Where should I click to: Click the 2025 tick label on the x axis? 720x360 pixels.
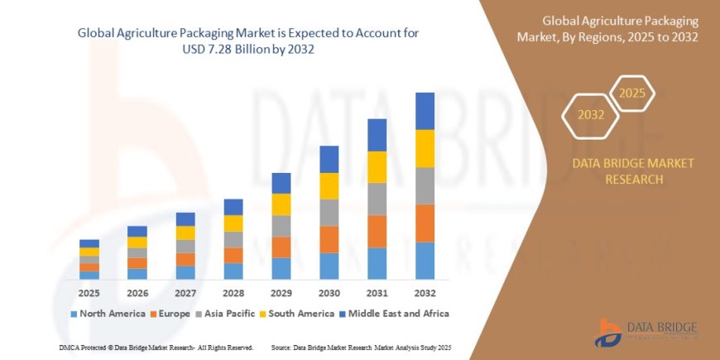click(x=89, y=293)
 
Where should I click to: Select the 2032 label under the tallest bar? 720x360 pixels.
click(x=425, y=293)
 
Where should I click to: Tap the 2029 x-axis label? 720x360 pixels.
click(x=281, y=293)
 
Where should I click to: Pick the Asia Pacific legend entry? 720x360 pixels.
click(x=230, y=314)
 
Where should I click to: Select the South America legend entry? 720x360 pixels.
click(x=296, y=314)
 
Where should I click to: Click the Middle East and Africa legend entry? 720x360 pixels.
click(x=398, y=314)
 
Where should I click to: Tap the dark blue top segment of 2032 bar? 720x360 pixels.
click(x=425, y=111)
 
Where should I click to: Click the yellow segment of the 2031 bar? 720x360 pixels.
click(x=377, y=166)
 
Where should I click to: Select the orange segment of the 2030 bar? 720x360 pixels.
click(x=329, y=239)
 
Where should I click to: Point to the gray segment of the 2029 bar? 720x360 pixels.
click(x=281, y=226)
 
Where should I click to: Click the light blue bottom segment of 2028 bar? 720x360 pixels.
click(x=233, y=271)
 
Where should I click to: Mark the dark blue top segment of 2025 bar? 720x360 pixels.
click(x=89, y=243)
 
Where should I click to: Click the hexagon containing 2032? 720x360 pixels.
click(x=591, y=115)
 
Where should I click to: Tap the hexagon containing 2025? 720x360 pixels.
click(x=632, y=91)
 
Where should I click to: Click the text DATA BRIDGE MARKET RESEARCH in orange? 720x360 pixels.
click(x=633, y=170)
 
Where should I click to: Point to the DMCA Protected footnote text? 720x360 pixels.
click(x=156, y=347)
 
